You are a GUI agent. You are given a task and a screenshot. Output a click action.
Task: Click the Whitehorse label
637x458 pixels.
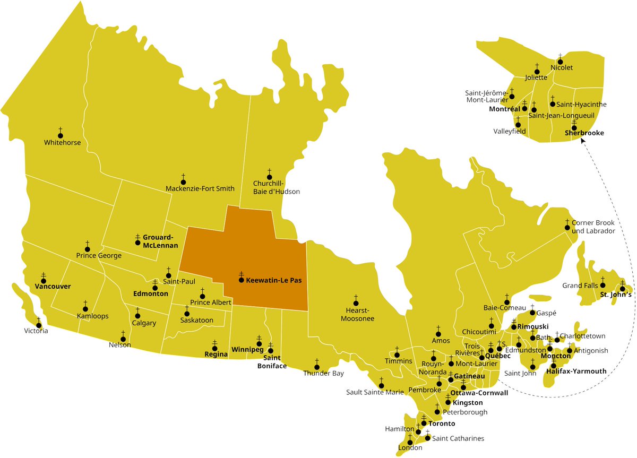[62, 142]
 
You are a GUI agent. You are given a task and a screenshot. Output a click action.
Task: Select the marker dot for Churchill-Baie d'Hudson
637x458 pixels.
[269, 177]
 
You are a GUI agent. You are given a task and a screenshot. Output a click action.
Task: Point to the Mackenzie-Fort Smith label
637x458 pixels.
[200, 188]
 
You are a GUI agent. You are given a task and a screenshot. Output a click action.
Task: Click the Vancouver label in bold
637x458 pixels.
[53, 286]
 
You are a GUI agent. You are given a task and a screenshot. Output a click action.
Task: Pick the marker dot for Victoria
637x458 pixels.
[38, 325]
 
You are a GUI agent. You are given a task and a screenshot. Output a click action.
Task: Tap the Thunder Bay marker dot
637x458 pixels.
[317, 366]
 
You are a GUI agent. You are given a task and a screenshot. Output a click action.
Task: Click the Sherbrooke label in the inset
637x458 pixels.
[584, 133]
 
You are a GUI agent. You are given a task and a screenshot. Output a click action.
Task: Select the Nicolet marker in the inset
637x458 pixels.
[560, 62]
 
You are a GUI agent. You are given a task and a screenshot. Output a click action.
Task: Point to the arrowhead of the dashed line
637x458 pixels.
[582, 141]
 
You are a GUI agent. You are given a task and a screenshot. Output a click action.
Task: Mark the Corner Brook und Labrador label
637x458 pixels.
[593, 227]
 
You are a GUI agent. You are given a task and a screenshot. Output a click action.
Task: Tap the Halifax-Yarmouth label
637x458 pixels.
[576, 371]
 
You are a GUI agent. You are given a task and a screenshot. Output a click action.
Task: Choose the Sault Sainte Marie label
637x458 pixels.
[375, 392]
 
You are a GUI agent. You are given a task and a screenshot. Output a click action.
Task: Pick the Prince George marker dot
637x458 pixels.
[87, 248]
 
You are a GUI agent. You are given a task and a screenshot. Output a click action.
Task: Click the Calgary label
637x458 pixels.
[144, 323]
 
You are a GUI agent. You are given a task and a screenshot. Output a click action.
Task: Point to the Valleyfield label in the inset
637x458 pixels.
[510, 131]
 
